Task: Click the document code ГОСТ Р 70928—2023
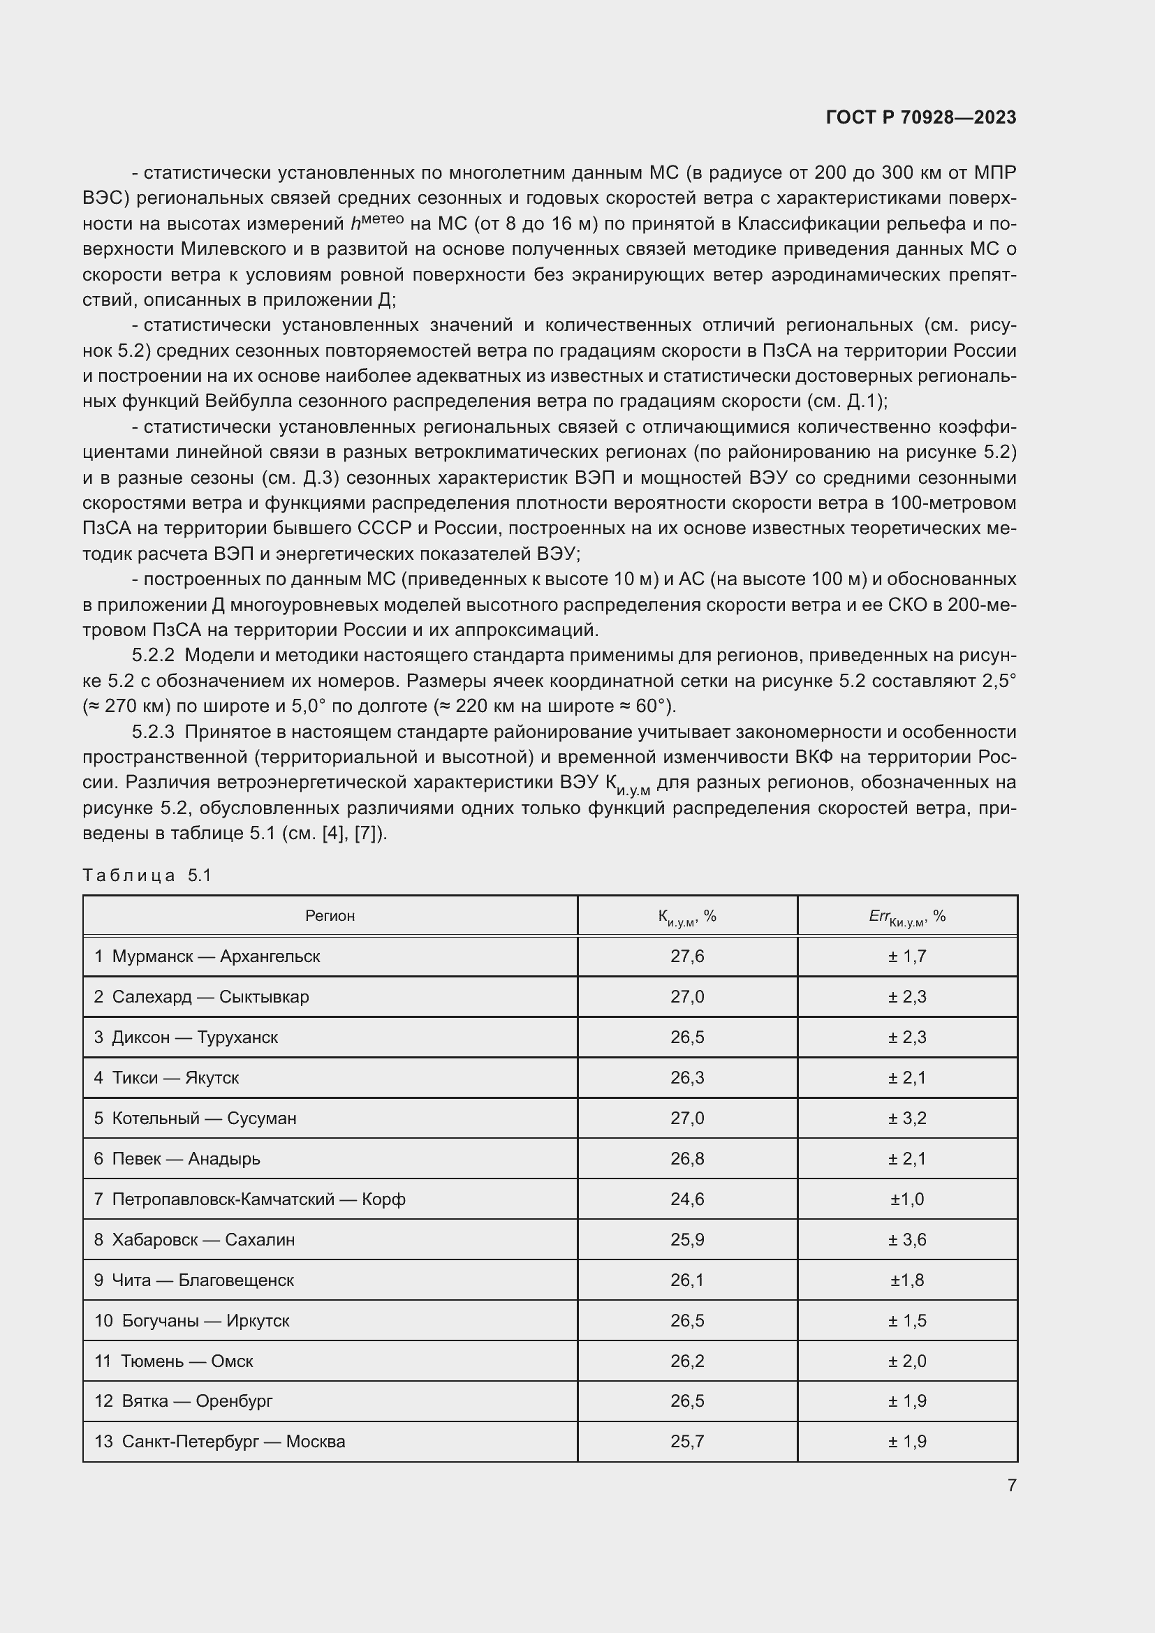pyautogui.click(x=921, y=117)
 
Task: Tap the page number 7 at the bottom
pyautogui.click(x=1011, y=1485)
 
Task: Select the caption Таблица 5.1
pyautogui.click(x=147, y=875)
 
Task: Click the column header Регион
pyautogui.click(x=330, y=916)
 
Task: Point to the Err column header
pyautogui.click(x=907, y=917)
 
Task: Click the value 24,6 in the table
pyautogui.click(x=687, y=1200)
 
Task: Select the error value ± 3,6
pyautogui.click(x=907, y=1241)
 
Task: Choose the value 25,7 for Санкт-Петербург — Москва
pyautogui.click(x=687, y=1442)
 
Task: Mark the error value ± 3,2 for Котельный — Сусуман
pyautogui.click(x=907, y=1118)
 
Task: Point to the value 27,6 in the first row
pyautogui.click(x=687, y=956)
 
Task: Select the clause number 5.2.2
pyautogui.click(x=153, y=656)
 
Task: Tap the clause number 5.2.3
pyautogui.click(x=153, y=732)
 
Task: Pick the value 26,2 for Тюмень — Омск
pyautogui.click(x=687, y=1361)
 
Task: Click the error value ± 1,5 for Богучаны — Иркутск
pyautogui.click(x=907, y=1321)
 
